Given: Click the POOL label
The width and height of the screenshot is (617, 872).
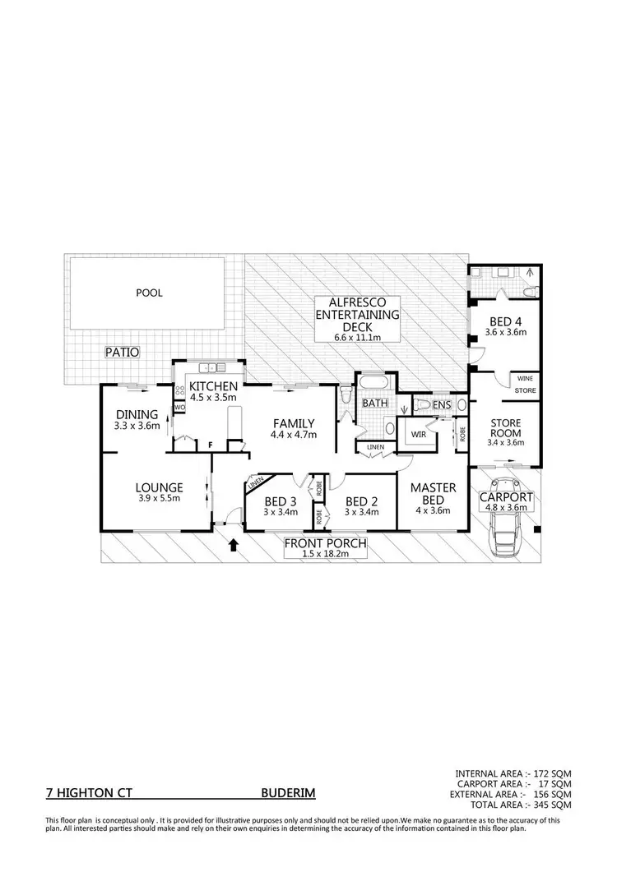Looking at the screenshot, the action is (150, 293).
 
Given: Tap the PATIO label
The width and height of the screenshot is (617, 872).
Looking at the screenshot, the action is (122, 352).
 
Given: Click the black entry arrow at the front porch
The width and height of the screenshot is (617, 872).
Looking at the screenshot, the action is (233, 543).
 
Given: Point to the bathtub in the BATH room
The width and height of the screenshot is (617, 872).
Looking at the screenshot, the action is (374, 384).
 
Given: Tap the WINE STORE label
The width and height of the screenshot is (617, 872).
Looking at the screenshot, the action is (525, 384).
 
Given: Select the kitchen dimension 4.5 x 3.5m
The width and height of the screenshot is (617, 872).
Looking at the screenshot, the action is (213, 398).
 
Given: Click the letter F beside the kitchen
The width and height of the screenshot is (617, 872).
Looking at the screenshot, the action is (211, 445).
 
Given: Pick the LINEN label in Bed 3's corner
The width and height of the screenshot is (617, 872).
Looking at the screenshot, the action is (256, 483).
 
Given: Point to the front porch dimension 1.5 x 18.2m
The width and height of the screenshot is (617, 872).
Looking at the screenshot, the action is (325, 555).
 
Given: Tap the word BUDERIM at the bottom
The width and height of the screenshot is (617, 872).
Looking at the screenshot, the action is (287, 795).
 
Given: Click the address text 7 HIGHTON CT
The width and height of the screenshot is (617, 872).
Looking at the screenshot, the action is (88, 795).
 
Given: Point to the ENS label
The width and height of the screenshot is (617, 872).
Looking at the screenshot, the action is (442, 404).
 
